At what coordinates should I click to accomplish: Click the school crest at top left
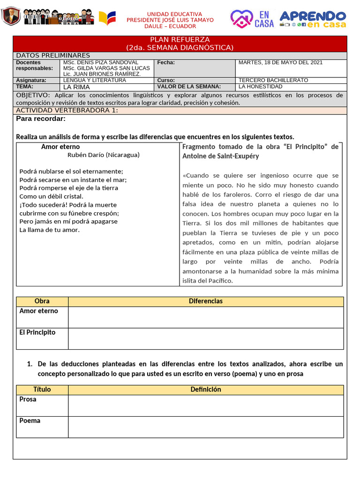pyautogui.click(x=10, y=17)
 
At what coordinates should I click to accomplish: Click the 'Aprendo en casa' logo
pyautogui.click(x=313, y=19)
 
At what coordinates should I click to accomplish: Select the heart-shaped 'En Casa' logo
pyautogui.click(x=252, y=19)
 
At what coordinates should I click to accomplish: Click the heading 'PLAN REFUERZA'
pyautogui.click(x=180, y=40)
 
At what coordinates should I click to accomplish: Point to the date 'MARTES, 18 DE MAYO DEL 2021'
pyautogui.click(x=280, y=62)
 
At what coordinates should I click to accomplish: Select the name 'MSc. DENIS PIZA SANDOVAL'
pyautogui.click(x=100, y=62)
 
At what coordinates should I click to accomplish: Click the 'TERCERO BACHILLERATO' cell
pyautogui.click(x=273, y=80)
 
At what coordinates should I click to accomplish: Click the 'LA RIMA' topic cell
pyautogui.click(x=76, y=87)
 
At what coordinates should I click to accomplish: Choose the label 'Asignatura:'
pyautogui.click(x=31, y=80)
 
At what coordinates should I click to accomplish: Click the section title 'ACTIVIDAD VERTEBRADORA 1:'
pyautogui.click(x=67, y=111)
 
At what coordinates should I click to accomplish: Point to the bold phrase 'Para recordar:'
pyautogui.click(x=41, y=119)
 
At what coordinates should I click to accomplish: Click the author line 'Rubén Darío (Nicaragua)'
pyautogui.click(x=103, y=155)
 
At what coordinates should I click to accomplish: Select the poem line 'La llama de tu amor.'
pyautogui.click(x=50, y=230)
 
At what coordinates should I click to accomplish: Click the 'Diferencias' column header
pyautogui.click(x=205, y=301)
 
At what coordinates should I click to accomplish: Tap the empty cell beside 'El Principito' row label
pyautogui.click(x=205, y=338)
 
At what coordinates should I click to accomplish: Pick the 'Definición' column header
pyautogui.click(x=205, y=390)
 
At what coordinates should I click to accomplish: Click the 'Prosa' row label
pyautogui.click(x=28, y=399)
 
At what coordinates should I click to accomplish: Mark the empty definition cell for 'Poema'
pyautogui.click(x=205, y=427)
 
